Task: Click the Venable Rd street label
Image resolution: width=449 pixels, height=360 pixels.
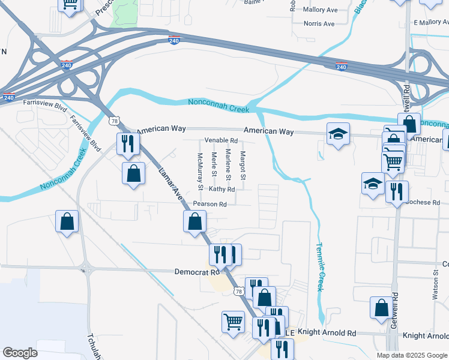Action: click(221, 140)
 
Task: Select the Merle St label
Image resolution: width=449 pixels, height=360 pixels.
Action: click(214, 164)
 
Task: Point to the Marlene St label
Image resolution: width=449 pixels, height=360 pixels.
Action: click(228, 165)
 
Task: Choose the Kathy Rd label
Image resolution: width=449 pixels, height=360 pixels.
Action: click(222, 189)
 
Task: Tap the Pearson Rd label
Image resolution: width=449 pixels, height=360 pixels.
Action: click(209, 204)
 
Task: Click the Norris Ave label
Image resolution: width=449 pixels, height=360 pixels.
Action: click(319, 24)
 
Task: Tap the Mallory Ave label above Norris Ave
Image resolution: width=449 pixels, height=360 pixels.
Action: click(321, 10)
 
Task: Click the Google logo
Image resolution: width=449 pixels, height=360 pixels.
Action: click(20, 353)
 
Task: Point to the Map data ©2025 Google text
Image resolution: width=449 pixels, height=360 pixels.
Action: click(412, 355)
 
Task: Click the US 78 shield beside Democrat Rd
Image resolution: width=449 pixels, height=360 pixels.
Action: click(239, 292)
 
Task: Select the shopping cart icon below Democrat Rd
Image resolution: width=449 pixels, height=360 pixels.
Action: click(233, 321)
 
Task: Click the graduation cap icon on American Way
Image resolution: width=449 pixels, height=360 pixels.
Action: click(339, 134)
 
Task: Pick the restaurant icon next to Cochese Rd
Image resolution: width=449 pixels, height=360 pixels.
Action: click(397, 192)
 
